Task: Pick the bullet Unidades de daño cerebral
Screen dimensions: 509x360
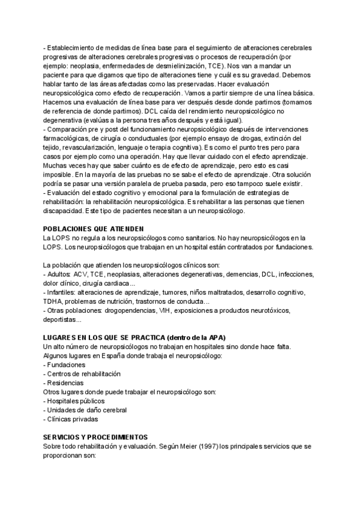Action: [85, 410]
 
